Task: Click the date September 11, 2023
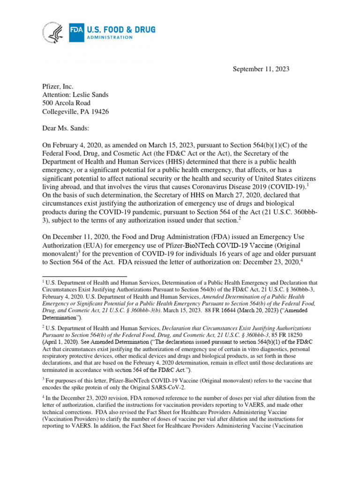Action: click(261, 69)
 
